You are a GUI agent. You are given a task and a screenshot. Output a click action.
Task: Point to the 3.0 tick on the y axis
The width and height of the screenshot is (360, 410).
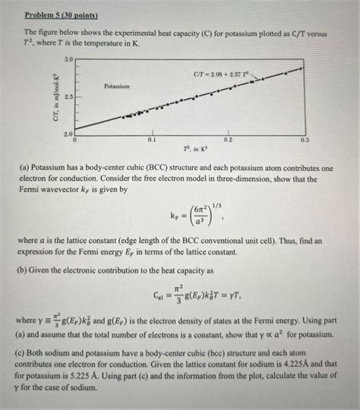(x=69, y=59)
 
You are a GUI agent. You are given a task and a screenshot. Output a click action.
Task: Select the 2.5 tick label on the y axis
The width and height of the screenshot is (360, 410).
(x=69, y=97)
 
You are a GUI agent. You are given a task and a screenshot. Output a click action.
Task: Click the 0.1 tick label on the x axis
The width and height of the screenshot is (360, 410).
(x=152, y=141)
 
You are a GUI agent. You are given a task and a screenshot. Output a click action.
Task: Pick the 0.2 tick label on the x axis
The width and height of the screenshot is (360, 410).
(x=229, y=141)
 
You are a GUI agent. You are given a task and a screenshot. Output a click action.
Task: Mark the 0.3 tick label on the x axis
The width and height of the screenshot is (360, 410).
(x=305, y=141)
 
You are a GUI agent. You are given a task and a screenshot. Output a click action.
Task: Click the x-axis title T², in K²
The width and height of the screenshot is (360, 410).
(x=190, y=150)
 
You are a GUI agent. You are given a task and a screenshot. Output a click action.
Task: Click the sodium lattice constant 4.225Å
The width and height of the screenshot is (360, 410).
(x=298, y=365)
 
